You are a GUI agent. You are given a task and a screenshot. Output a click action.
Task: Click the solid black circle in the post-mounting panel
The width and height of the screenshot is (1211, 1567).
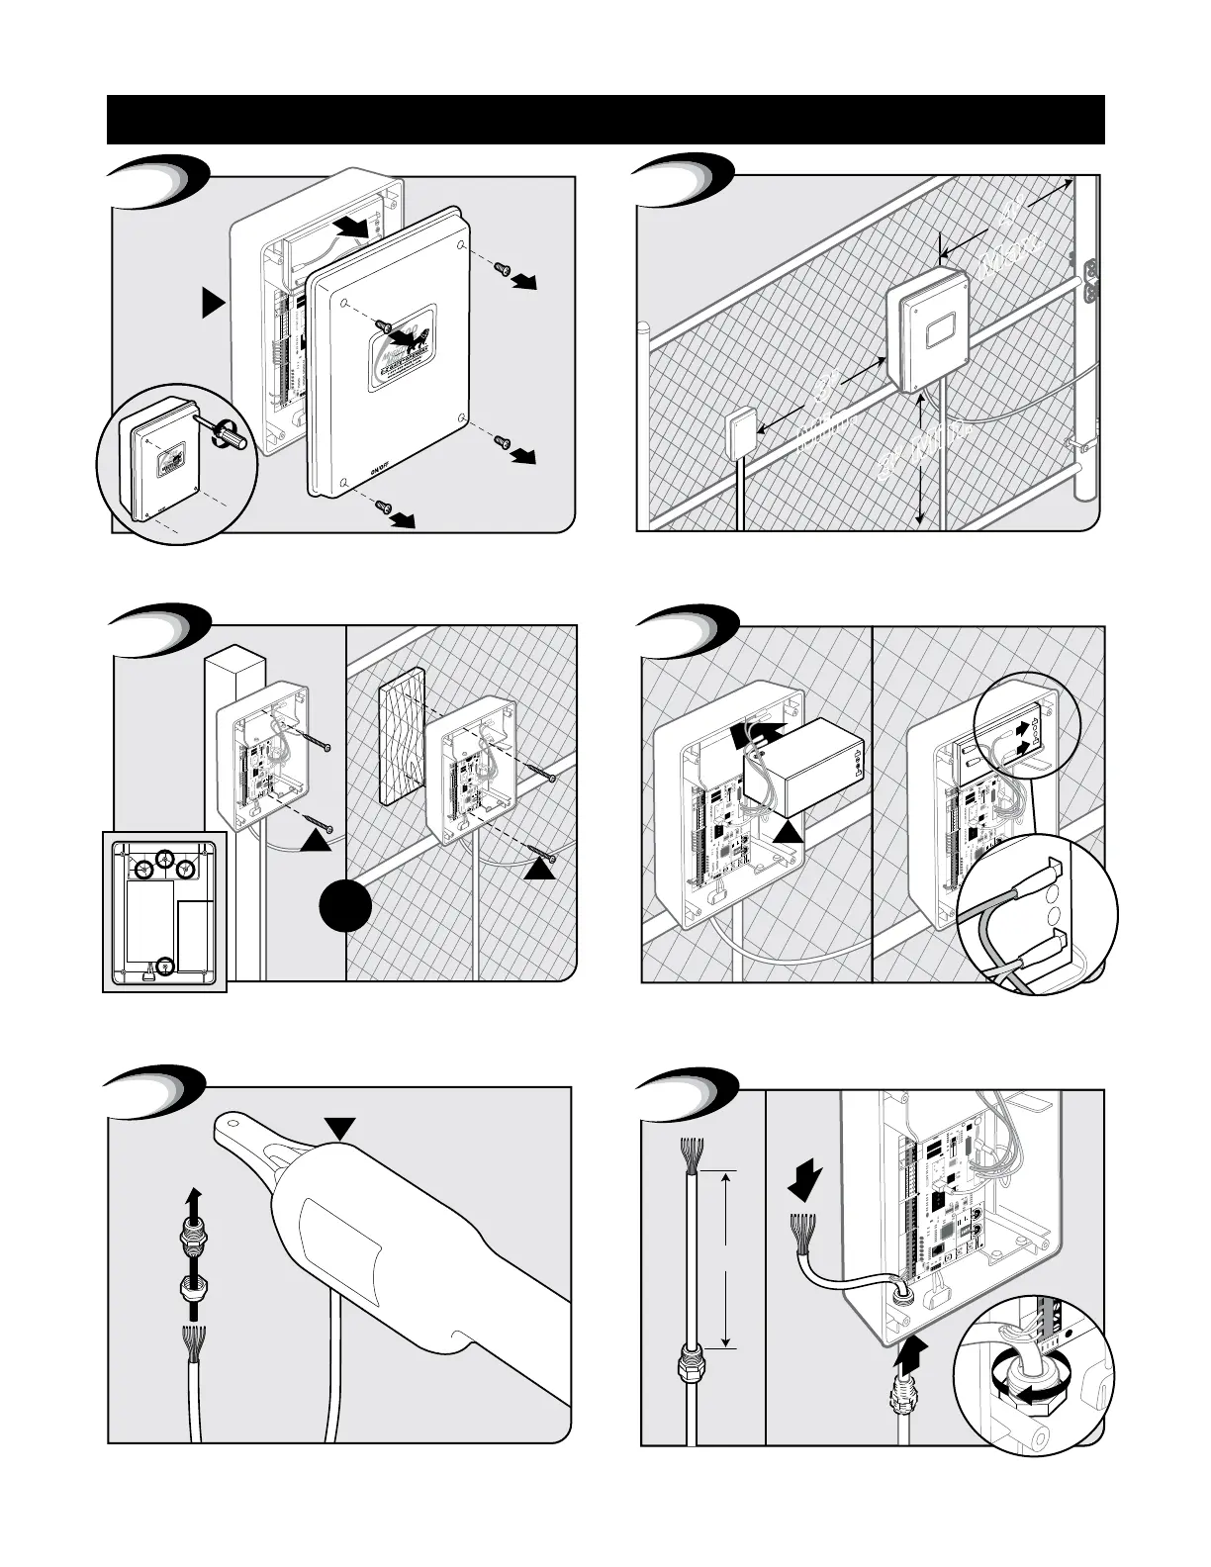click(345, 906)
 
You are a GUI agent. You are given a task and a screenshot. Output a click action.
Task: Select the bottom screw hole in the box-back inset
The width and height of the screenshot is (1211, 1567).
click(166, 967)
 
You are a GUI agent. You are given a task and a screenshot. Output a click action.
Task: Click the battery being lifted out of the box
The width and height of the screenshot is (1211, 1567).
click(803, 762)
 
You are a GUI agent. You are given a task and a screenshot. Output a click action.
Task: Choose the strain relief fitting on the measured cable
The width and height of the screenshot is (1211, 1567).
click(685, 1370)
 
